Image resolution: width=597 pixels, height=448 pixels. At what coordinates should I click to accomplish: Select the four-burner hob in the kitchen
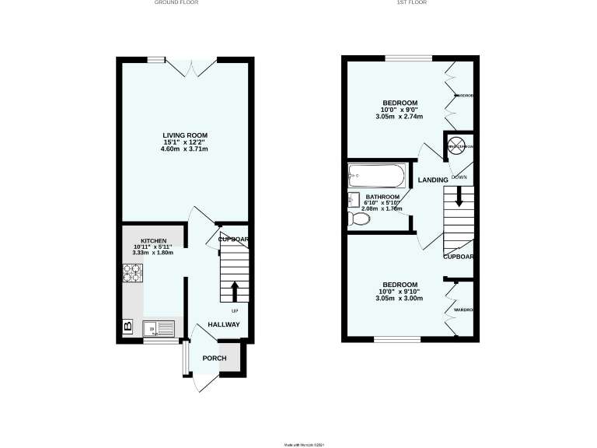(x=133, y=273)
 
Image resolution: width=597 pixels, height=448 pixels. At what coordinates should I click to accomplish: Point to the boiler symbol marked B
(x=127, y=327)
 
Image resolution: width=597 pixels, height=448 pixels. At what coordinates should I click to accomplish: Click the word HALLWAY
(x=223, y=324)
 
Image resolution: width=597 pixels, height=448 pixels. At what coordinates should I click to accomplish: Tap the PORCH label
(x=214, y=358)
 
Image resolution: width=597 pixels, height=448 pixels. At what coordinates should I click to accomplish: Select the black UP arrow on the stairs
(x=234, y=292)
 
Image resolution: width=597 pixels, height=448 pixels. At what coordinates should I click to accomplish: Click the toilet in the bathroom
(x=360, y=220)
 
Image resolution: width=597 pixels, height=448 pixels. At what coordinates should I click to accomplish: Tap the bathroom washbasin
(x=354, y=199)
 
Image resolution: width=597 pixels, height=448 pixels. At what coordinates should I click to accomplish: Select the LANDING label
(x=433, y=180)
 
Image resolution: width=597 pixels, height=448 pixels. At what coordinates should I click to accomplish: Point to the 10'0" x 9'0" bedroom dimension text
(x=400, y=110)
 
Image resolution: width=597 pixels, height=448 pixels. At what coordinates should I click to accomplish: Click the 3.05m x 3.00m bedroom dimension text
(x=400, y=299)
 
